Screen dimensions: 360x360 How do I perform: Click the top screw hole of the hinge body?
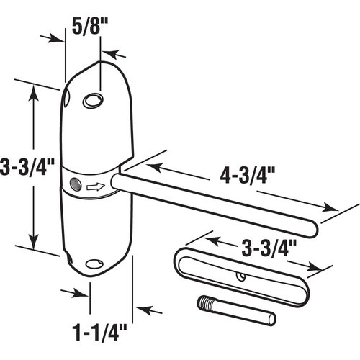coord(92,101)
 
